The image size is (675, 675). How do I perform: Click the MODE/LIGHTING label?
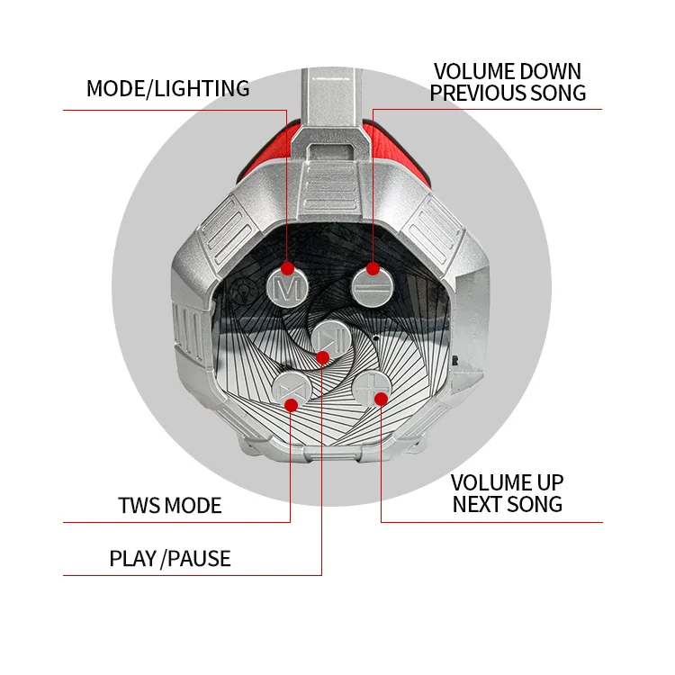point(167,88)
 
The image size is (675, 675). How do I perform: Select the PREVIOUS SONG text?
point(508,93)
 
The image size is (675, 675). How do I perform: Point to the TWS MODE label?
point(169,505)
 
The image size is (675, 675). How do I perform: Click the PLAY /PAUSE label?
point(170,558)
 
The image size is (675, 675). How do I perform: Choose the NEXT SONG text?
point(508,504)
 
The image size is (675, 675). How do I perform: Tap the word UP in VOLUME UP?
point(546,482)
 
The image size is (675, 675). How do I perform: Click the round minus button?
point(367,279)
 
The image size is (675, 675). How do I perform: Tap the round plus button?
point(370,390)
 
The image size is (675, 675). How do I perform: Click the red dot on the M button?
point(287,267)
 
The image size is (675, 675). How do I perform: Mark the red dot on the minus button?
point(373,267)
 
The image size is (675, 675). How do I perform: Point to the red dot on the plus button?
point(381,398)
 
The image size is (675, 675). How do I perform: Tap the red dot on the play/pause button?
point(322,357)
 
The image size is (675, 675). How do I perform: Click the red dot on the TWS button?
point(291,404)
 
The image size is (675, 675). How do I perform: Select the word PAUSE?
point(201,558)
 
